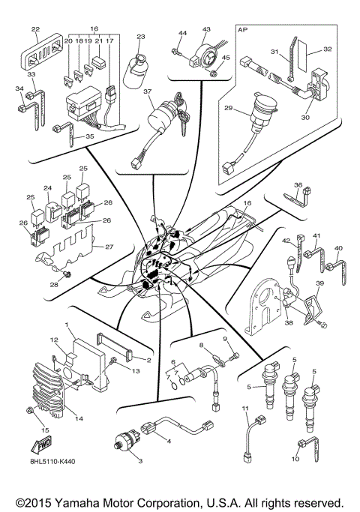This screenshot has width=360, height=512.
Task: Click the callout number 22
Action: tap(35, 29)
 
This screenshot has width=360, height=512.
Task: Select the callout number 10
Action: tap(295, 459)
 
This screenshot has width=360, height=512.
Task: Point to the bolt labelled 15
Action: tap(29, 410)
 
